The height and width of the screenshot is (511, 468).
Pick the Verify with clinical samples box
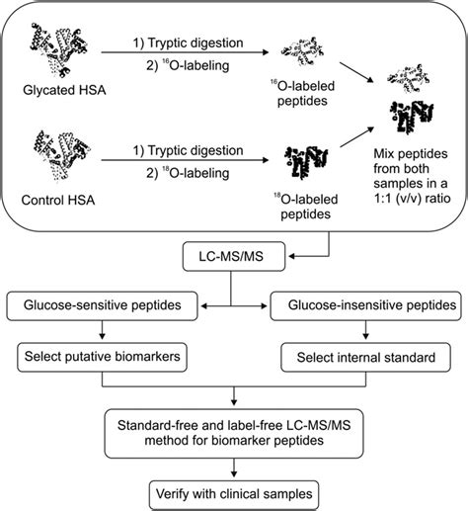coord(234,491)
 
